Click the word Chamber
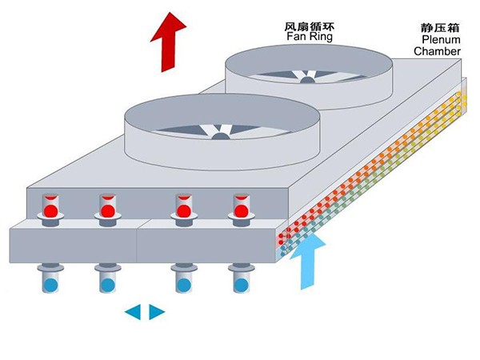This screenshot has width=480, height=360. pyautogui.click(x=437, y=52)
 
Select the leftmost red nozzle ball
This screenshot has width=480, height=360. pyautogui.click(x=50, y=212)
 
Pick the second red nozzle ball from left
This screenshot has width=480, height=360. pyautogui.click(x=107, y=212)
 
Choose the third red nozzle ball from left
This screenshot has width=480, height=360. pyautogui.click(x=183, y=212)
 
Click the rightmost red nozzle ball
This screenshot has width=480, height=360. pyautogui.click(x=240, y=212)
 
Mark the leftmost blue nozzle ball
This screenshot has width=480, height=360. pyautogui.click(x=50, y=284)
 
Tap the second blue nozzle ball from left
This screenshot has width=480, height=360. pyautogui.click(x=107, y=284)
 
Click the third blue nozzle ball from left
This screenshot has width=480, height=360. pyautogui.click(x=183, y=284)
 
